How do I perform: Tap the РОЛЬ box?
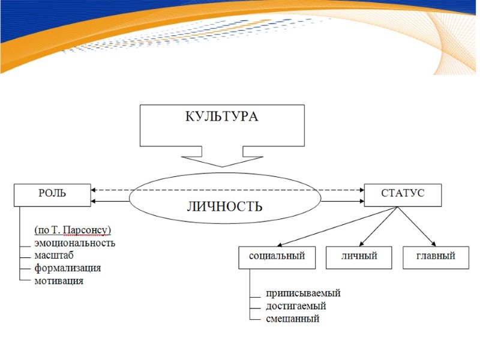53,194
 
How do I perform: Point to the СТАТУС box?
403,194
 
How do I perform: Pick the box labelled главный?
435,257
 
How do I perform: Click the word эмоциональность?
75,243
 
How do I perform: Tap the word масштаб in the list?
54,256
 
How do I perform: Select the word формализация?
68,268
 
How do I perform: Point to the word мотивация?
59,281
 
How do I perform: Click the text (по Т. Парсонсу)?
73,230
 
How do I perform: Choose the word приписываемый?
304,293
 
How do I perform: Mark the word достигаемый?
296,306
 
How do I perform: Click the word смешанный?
293,319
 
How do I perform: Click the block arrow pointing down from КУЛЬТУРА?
221,158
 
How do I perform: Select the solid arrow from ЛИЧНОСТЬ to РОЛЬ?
111,201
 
